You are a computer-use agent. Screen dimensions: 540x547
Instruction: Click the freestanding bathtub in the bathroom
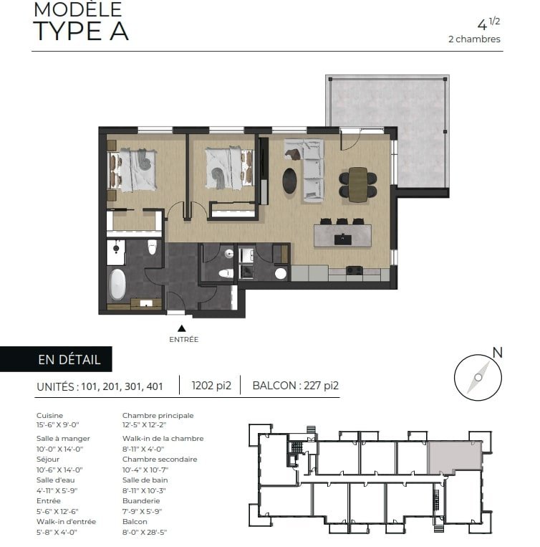[117, 285]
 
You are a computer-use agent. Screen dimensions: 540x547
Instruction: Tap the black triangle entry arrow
[181, 328]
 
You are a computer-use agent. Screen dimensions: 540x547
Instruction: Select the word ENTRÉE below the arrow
[183, 339]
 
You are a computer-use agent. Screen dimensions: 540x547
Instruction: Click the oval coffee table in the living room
[289, 181]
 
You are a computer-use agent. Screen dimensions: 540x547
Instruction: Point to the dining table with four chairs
[358, 184]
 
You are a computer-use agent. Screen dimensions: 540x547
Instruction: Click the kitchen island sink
[342, 239]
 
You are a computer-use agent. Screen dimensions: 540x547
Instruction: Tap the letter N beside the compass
[498, 353]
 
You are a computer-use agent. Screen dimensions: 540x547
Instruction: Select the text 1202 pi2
[211, 386]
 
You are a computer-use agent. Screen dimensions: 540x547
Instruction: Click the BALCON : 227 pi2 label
[296, 386]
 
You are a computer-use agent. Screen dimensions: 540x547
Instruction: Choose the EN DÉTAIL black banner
[56, 359]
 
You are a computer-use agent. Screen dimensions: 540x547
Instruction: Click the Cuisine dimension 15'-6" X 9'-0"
[58, 425]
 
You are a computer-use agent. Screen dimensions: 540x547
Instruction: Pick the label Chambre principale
[158, 416]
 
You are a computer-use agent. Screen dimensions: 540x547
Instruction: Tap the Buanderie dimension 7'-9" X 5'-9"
[143, 511]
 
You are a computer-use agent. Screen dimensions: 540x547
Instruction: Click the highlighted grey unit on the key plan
[454, 457]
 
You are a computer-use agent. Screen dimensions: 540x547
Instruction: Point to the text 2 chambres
[474, 39]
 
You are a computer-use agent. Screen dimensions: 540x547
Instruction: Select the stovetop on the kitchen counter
[355, 270]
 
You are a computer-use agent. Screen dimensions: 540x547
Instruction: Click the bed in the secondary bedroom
[229, 168]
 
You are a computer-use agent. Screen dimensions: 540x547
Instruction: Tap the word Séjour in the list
[48, 460]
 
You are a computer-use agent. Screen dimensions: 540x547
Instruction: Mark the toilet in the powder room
[226, 273]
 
